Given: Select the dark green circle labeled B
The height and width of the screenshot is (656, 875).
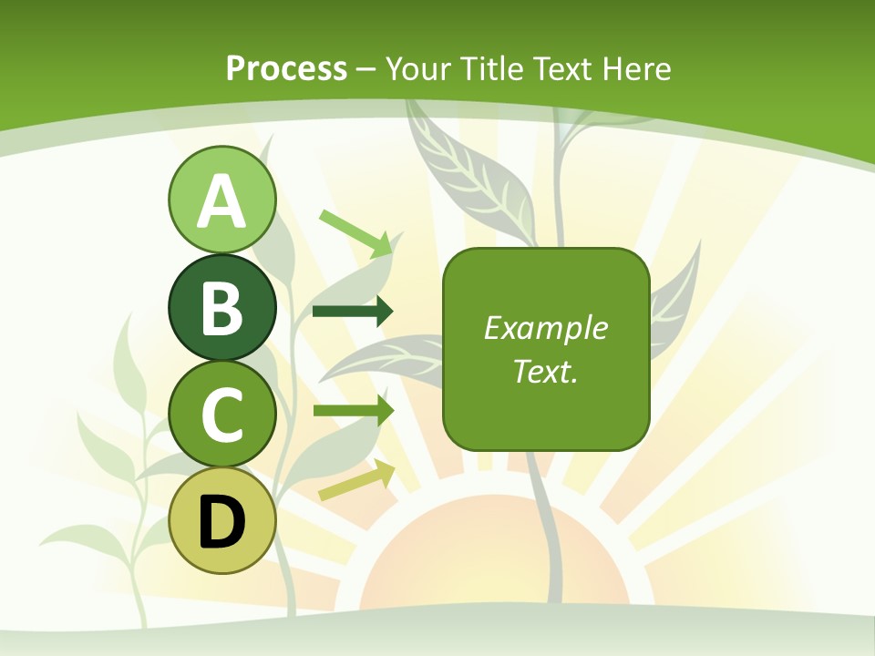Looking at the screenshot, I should [221, 307].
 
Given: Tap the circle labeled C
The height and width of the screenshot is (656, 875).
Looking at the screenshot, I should [221, 415].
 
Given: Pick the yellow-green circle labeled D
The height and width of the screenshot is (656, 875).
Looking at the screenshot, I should [221, 521].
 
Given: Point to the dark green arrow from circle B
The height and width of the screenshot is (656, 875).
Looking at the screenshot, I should [353, 312].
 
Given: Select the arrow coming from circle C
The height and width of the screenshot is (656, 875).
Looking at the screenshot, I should [353, 411].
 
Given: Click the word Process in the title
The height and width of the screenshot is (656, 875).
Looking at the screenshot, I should [286, 68].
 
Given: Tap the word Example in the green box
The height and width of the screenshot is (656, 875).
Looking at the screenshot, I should [545, 328].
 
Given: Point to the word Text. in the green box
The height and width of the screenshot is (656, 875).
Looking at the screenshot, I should [545, 371].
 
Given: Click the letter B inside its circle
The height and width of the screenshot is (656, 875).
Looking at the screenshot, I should [221, 308].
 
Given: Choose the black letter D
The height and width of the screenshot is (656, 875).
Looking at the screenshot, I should [221, 522].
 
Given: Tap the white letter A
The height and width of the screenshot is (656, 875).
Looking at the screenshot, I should [221, 201].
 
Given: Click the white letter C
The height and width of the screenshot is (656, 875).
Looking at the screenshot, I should [221, 415].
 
